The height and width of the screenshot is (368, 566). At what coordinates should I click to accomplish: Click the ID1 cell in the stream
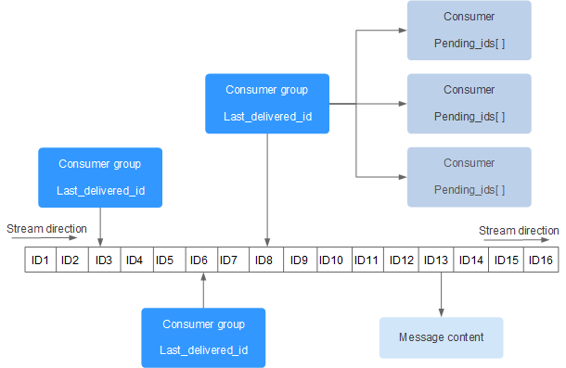coord(40,260)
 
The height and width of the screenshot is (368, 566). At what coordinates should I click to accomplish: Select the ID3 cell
coord(103,260)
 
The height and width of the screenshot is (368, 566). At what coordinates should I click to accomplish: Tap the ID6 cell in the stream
coord(199,260)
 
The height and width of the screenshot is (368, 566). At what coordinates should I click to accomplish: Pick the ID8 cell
coord(264,260)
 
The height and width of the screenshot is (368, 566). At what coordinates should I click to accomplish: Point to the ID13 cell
coord(436,260)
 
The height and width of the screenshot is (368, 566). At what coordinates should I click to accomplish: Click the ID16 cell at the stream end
coord(541,260)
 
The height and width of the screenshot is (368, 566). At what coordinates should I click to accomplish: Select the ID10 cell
coord(331,260)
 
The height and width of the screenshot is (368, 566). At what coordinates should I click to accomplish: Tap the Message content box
coord(441,337)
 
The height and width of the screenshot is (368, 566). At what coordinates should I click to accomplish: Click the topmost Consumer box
coord(469,30)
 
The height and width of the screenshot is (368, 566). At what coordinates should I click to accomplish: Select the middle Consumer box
coord(469,103)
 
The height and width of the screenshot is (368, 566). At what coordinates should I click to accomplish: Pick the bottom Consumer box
coord(469,176)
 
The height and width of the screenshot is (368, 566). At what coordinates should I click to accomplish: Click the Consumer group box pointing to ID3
coord(100,177)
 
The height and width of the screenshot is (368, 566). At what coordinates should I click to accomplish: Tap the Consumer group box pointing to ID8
coord(267,104)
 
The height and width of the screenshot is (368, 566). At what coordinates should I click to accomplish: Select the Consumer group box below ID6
coord(202,337)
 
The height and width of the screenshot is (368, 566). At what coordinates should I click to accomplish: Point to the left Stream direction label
coord(46,228)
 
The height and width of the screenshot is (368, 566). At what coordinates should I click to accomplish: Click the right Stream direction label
coord(519,230)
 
